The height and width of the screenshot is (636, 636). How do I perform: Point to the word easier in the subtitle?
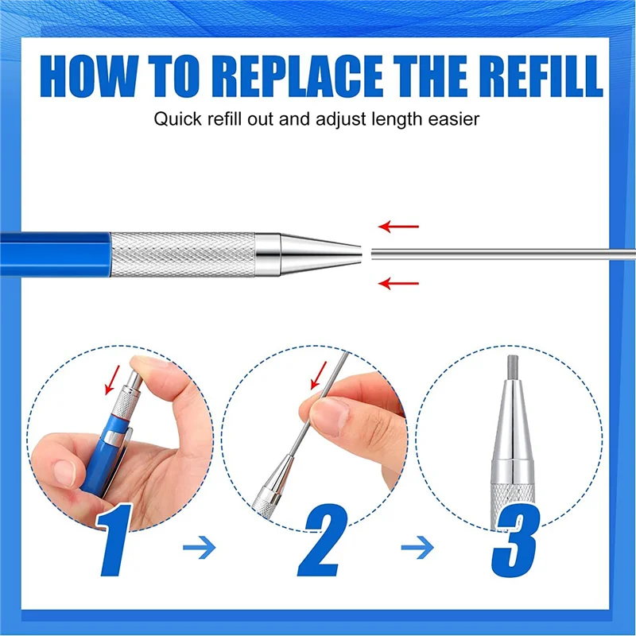click(452, 120)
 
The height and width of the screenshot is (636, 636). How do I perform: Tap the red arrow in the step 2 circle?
click(319, 374)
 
